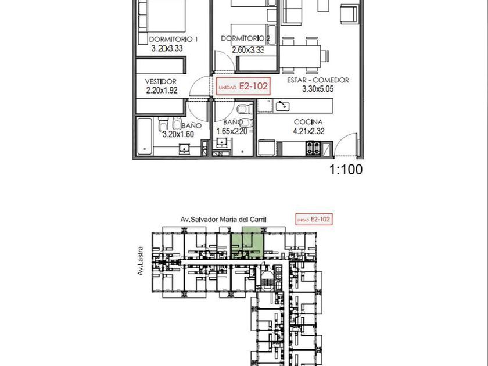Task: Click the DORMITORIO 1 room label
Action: click(173, 40)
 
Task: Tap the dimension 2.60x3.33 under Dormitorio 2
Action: click(248, 49)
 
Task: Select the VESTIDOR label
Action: click(160, 81)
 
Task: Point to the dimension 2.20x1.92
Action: click(162, 90)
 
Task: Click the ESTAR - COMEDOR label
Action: click(318, 80)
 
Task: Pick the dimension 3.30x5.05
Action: click(318, 89)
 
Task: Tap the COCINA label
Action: click(308, 122)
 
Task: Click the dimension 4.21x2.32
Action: click(308, 131)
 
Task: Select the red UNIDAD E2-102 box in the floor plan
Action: click(243, 86)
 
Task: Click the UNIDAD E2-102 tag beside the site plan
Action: click(313, 219)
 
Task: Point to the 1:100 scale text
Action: click(346, 170)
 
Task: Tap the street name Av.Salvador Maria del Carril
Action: click(224, 220)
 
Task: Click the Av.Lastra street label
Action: click(141, 261)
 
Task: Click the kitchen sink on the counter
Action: click(282, 106)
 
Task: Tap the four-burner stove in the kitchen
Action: click(313, 148)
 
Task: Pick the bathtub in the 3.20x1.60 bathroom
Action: click(145, 136)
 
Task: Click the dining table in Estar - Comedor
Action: click(300, 56)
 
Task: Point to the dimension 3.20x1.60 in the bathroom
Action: click(178, 134)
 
